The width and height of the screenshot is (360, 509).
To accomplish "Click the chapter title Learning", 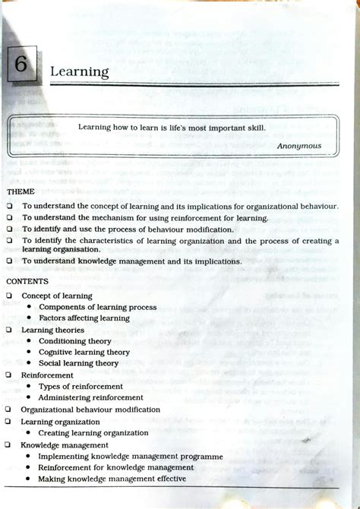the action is click(79, 71).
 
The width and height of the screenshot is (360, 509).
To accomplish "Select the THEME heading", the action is click(21, 191).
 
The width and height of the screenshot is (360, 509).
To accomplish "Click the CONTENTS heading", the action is click(27, 281).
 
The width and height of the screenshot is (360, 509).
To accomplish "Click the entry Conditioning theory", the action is click(74, 341).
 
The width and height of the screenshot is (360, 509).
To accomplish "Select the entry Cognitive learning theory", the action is click(84, 353).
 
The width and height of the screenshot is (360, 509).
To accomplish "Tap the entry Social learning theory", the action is click(78, 363).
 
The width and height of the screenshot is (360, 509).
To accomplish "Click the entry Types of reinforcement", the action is click(81, 387).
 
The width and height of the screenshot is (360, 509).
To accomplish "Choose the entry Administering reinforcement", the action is click(90, 397).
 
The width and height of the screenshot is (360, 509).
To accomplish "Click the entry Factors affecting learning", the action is click(84, 318).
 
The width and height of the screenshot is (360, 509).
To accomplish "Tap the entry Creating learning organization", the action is click(93, 432).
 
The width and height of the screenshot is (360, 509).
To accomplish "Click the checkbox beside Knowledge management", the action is click(8, 444).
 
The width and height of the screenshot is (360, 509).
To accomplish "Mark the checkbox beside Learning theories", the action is click(8, 330).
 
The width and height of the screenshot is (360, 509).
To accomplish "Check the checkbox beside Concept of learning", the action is click(8, 296).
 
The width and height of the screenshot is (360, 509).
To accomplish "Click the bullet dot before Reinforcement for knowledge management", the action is click(28, 468).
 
